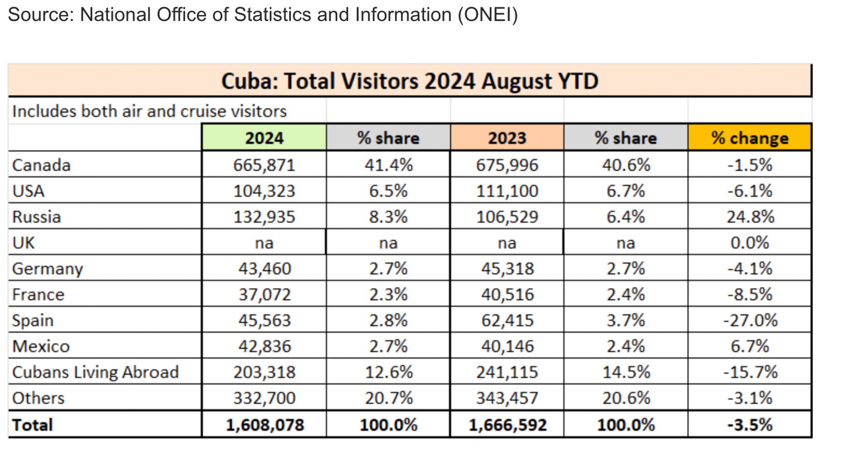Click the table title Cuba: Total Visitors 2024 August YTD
[410, 81]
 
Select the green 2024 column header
[264, 138]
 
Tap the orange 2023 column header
[507, 138]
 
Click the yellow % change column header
[749, 138]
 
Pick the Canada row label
[41, 165]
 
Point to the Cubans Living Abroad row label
[95, 372]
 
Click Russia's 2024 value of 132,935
[264, 217]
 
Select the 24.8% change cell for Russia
[750, 217]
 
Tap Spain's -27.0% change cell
[750, 320]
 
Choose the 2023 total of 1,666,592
[507, 425]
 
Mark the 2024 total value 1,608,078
[265, 425]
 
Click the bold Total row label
[33, 425]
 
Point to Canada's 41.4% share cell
[388, 165]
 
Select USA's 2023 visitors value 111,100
[507, 191]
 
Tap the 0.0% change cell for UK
[750, 243]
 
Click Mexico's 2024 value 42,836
[264, 346]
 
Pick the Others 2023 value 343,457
[507, 398]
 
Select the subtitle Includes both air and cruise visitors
[149, 111]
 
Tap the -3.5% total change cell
[750, 425]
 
